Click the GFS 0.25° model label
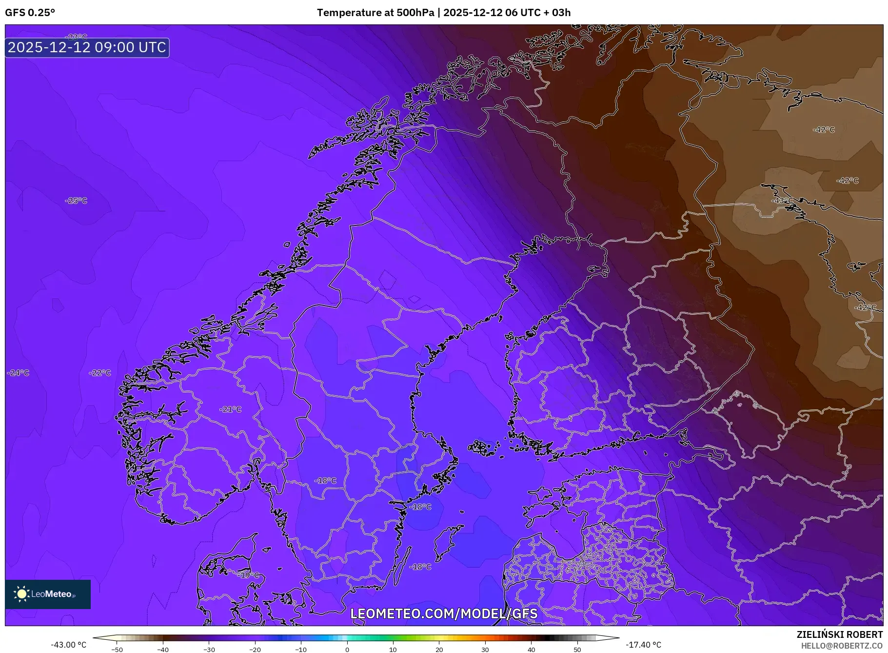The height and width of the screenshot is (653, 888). tap(30, 13)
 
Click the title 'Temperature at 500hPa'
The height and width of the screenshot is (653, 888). tap(375, 13)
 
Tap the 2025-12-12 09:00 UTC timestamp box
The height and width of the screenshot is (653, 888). tap(87, 47)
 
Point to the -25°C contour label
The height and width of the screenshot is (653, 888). tap(76, 201)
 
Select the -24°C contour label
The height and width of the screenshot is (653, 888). tap(18, 373)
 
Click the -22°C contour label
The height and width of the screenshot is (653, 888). tap(100, 373)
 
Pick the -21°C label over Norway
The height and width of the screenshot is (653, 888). tap(231, 409)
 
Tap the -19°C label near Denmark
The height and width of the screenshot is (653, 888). tap(249, 575)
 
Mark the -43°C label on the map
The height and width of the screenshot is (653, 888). tap(782, 201)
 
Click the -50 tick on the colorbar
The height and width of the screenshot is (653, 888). tap(117, 649)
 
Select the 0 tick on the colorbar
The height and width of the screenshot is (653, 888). tap(347, 649)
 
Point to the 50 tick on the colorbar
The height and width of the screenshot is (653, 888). tap(577, 649)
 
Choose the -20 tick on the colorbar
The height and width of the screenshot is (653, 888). tap(255, 649)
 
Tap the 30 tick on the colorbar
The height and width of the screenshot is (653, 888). tap(485, 649)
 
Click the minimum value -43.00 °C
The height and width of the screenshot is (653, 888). tap(68, 645)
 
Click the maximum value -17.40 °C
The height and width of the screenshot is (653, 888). tap(644, 645)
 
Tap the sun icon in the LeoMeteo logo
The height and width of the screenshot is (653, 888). tap(21, 594)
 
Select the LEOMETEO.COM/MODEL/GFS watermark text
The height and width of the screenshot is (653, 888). tap(444, 613)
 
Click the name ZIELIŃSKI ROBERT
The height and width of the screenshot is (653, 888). tap(839, 634)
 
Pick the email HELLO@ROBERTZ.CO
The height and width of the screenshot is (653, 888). tap(842, 646)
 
